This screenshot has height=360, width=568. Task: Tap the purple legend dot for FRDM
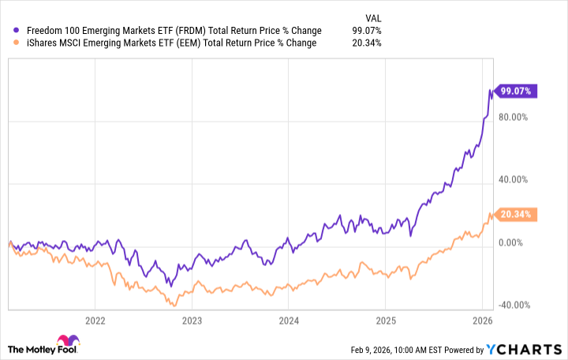tap(9, 31)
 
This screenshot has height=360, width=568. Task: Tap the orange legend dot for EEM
tap(9, 43)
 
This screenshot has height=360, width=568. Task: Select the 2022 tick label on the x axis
tap(95, 321)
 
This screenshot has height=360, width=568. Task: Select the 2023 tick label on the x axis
tap(192, 321)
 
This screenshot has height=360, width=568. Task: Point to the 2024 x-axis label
tap(289, 321)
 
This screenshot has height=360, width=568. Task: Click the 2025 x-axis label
tap(385, 321)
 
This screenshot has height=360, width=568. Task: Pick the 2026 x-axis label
tap(482, 321)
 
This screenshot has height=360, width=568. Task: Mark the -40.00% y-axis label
tap(514, 305)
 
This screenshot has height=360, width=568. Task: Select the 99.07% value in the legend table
tap(368, 31)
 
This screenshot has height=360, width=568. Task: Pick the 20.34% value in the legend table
tap(368, 43)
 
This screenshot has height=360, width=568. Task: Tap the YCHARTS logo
tap(531, 349)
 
